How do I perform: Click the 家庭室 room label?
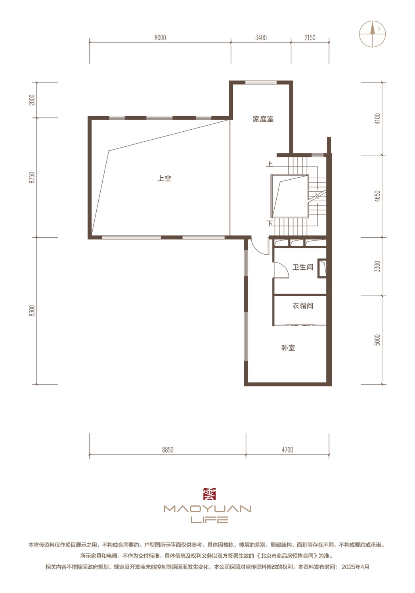tap(263, 119)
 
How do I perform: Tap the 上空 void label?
tap(164, 178)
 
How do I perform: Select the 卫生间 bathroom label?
tap(302, 267)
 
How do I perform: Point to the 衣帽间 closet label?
tap(302, 306)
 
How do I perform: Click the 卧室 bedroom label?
tap(288, 348)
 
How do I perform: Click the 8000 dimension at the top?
tap(160, 38)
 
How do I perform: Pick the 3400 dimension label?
tap(261, 38)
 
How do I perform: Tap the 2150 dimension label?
tap(310, 38)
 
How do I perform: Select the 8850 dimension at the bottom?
tap(168, 450)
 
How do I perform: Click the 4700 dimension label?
tap(287, 450)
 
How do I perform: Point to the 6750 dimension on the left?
tap(32, 178)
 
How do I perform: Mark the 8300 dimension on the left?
tap(32, 311)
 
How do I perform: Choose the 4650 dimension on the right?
tap(377, 196)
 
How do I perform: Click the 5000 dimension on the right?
tap(377, 340)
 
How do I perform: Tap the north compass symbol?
tap(372, 34)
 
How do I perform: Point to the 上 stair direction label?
tap(269, 164)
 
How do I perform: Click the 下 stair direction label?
tap(269, 224)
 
